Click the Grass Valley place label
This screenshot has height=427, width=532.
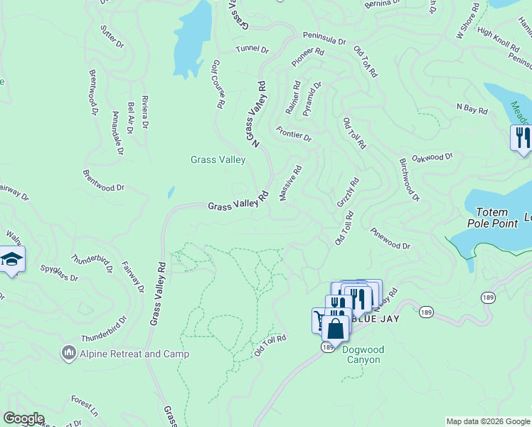[x=218, y=159]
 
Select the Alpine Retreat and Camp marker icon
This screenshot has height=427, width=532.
[x=68, y=353]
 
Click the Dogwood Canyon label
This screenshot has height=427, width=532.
[x=361, y=354]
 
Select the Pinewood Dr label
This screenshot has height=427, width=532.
[x=390, y=239]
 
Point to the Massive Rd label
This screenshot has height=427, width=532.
[x=292, y=183]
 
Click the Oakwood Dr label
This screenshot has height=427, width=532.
[x=432, y=157]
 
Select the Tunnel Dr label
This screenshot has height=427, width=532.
[x=252, y=50]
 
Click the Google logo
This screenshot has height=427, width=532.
[x=24, y=418]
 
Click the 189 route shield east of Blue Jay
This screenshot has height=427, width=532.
[x=426, y=312]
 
